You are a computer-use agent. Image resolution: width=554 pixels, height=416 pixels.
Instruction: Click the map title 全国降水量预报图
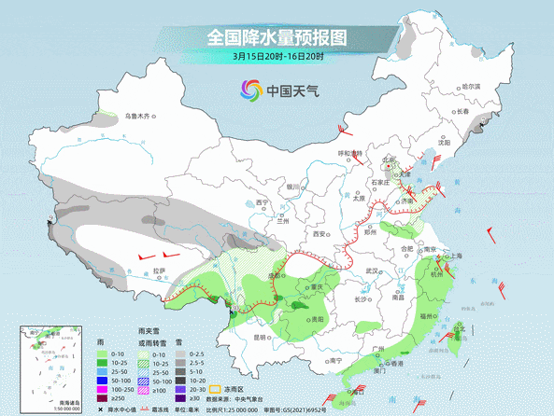pos(276,37)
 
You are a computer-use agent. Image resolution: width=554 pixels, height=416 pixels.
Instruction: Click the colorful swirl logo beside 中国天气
pos(250,90)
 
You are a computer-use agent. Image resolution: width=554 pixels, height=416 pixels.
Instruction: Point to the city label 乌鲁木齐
pos(137,118)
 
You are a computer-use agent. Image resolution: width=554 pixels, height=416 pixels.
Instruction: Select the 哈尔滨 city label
pos(476,86)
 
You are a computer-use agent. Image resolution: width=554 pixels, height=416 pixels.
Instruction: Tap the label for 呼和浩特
pos(349,153)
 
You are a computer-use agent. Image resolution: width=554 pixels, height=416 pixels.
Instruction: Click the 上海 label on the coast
pos(455,255)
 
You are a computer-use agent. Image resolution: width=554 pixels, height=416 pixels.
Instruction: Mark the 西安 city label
pos(321,235)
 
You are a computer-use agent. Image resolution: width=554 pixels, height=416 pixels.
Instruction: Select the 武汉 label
pos(376,270)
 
